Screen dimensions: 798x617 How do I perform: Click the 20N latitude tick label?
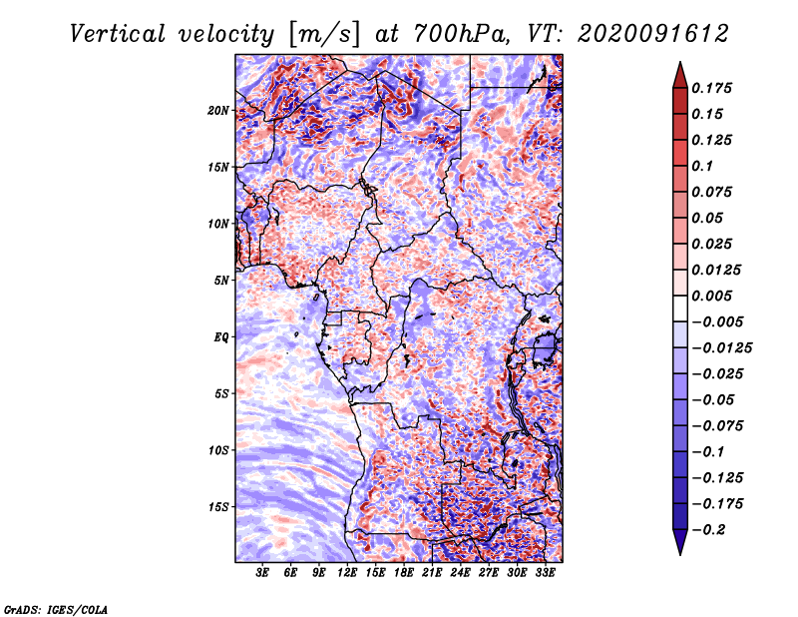(218, 111)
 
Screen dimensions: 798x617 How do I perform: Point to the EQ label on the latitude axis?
(221, 337)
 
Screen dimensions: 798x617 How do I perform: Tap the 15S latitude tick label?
(218, 507)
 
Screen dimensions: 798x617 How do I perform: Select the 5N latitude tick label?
(221, 281)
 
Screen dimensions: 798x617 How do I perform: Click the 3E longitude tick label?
(262, 573)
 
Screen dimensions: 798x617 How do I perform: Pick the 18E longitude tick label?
(404, 573)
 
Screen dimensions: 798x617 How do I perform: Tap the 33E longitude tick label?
(545, 573)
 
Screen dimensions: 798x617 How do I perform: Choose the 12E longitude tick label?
(347, 573)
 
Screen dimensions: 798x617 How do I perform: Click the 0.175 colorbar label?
(711, 88)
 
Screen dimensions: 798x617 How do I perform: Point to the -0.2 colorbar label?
(708, 530)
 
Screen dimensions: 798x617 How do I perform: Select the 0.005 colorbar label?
(711, 296)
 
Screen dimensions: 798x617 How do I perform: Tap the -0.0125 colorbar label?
(721, 348)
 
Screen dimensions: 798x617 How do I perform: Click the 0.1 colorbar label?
(702, 166)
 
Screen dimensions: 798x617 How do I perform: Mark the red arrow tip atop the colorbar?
(680, 62)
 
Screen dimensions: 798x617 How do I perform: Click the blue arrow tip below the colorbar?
(680, 555)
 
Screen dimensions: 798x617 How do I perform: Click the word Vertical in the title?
(118, 34)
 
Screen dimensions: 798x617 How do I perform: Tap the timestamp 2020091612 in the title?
(653, 34)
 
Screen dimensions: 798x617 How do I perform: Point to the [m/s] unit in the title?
(324, 34)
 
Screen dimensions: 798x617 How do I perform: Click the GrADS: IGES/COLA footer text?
(56, 609)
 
